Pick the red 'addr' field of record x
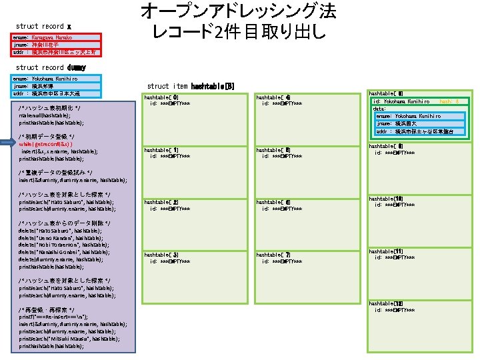(x=56, y=52)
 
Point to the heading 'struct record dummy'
(x=51, y=67)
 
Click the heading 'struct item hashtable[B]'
(x=191, y=86)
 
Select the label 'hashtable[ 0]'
(x=161, y=98)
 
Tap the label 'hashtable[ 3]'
(x=161, y=255)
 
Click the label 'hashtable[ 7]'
(x=273, y=255)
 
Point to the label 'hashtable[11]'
(x=385, y=251)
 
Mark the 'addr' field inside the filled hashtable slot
(x=419, y=131)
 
